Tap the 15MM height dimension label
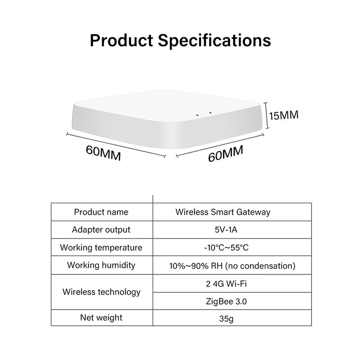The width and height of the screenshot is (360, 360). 284,116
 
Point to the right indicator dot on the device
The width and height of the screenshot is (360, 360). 210,112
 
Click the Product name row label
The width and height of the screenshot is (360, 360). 101,212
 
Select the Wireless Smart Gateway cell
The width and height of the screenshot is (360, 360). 223,212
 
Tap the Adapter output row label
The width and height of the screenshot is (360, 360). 101,229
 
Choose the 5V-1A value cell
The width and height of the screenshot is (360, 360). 223,229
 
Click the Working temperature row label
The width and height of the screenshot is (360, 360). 101,247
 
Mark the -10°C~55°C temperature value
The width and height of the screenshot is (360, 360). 223,247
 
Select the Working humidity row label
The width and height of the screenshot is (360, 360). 101,265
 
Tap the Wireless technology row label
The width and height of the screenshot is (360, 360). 101,292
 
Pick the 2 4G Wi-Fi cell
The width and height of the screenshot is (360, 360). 223,283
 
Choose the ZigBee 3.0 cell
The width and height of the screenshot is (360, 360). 223,301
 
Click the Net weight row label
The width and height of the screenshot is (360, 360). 101,318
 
